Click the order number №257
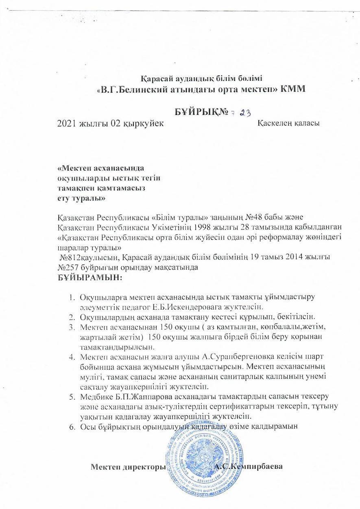(x=70, y=268)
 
